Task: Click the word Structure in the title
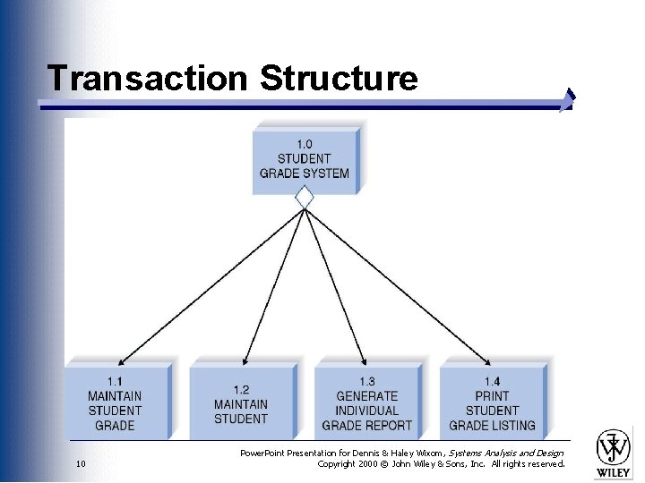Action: [339, 79]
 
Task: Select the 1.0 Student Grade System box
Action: [305, 159]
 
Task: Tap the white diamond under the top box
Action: [305, 197]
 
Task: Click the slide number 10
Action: [81, 464]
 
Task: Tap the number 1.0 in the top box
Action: [305, 144]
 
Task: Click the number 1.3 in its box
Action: [366, 382]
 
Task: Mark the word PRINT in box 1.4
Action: [492, 396]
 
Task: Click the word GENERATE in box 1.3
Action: [366, 396]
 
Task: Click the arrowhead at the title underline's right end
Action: [567, 100]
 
